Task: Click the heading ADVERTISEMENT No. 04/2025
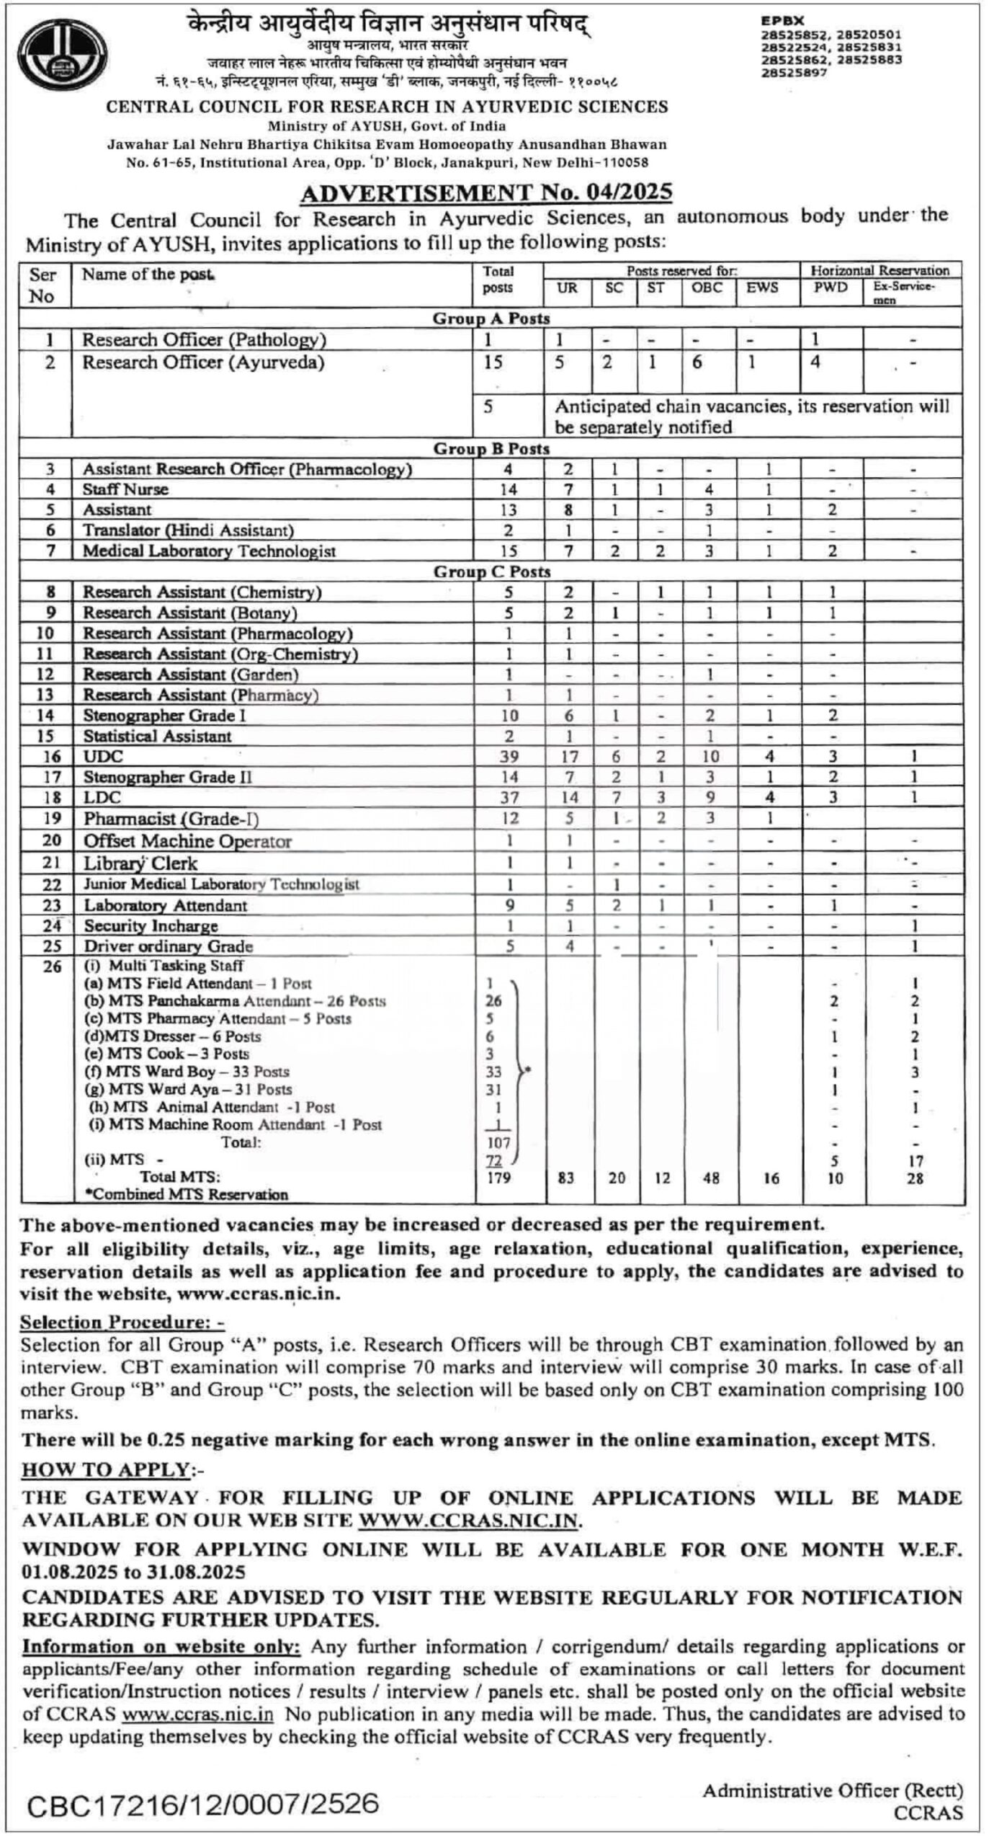point(486,192)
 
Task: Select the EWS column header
point(762,288)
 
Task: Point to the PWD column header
point(831,288)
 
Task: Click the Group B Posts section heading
point(491,449)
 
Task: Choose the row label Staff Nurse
point(125,489)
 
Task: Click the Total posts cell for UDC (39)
point(509,756)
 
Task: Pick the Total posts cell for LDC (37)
point(509,797)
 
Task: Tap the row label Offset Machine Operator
point(187,841)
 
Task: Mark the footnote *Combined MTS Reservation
point(186,1194)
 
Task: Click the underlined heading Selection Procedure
point(122,1322)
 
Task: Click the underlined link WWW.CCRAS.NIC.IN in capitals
point(469,1521)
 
